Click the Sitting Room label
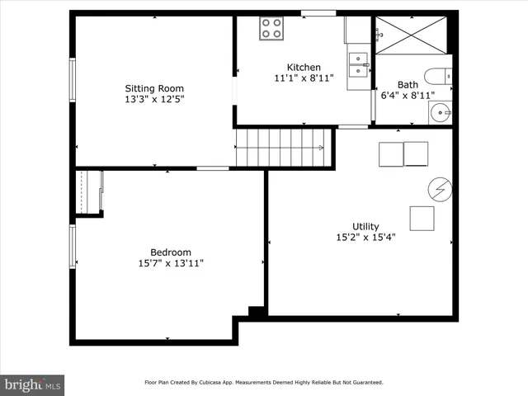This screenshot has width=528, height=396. [x=154, y=88]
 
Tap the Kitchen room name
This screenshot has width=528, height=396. [x=304, y=68]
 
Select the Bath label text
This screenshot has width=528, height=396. [x=408, y=84]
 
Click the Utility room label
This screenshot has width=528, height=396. [x=365, y=226]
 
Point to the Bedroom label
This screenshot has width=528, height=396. [x=171, y=252]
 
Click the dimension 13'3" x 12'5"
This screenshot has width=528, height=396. [x=154, y=99]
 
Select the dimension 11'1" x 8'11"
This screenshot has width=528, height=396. [x=304, y=78]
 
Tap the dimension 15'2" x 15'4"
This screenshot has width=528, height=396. [x=365, y=237]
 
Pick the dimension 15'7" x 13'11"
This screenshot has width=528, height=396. [x=171, y=263]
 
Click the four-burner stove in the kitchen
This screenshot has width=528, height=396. [x=271, y=29]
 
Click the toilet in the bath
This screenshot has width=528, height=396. [x=438, y=77]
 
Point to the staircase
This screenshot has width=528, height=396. [x=280, y=148]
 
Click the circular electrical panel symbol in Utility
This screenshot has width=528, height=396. [x=441, y=191]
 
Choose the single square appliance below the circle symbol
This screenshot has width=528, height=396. [x=422, y=218]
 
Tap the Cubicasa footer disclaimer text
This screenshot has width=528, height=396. [x=264, y=383]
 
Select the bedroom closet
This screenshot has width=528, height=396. [x=89, y=193]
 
